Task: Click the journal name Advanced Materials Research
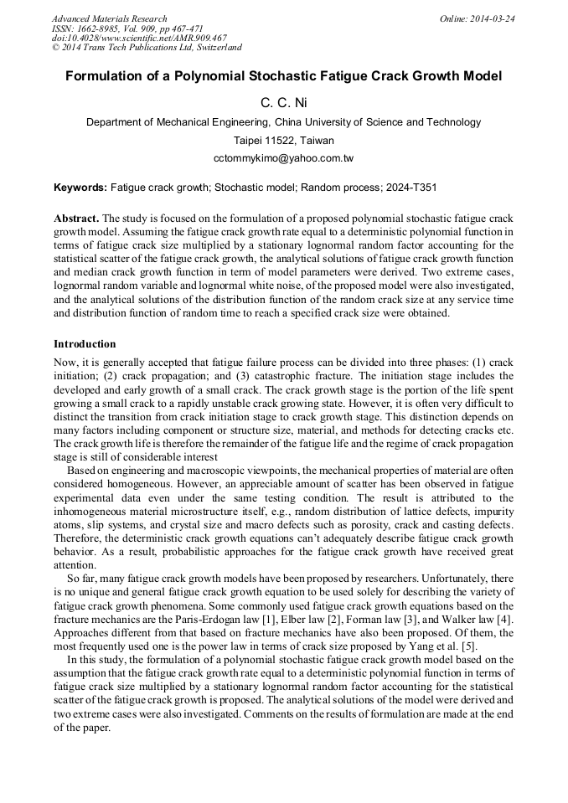(109, 18)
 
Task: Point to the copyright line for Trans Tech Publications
(147, 48)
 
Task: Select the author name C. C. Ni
(283, 102)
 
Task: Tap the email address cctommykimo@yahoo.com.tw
(283, 157)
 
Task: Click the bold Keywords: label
(80, 189)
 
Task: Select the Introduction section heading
(85, 343)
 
